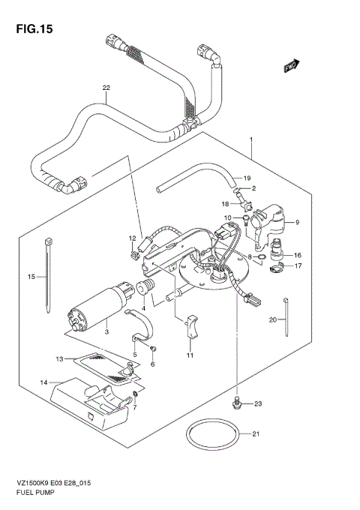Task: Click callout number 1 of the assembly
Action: point(252,140)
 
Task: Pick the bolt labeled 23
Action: point(238,404)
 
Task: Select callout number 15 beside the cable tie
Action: point(31,277)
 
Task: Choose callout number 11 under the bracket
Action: point(190,355)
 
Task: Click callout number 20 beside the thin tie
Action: point(273,319)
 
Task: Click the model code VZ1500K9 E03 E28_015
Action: point(61,487)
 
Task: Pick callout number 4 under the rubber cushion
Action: point(144,308)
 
